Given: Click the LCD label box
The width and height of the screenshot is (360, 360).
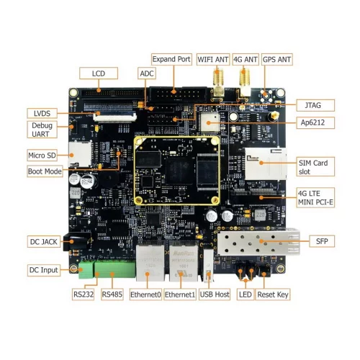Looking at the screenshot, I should pos(99,73).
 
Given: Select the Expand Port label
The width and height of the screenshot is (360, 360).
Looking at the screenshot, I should pos(171,59).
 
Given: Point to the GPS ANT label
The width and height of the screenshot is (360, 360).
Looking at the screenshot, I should pos(277,59).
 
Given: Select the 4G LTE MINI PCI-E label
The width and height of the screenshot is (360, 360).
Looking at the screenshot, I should pos(317,196).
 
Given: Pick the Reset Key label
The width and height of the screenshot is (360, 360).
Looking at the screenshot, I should pos(274,294).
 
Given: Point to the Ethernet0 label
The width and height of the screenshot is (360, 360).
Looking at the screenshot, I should pos(144,294).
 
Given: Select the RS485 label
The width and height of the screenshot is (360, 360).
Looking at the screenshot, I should pos(112,294).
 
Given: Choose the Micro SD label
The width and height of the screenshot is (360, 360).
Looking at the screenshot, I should pos(42,155).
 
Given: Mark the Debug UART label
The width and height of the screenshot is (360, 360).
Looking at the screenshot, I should pos(40,130).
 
